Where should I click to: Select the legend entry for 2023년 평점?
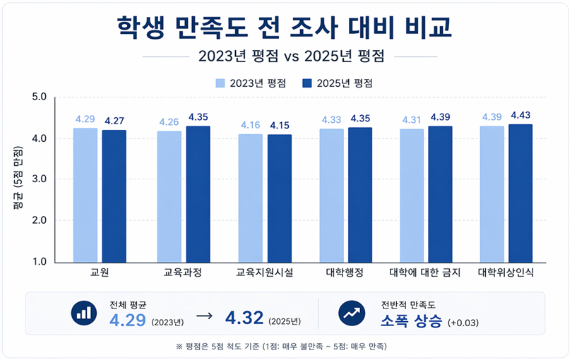tap(251, 83)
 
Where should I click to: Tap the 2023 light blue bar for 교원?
tap(85, 194)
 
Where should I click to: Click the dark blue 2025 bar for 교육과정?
tap(198, 193)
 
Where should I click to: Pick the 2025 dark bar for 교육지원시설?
tap(278, 198)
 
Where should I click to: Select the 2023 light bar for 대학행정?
tap(331, 195)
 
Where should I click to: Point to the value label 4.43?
tap(520, 115)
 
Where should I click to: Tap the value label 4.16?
tap(251, 125)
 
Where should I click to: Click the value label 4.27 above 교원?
tap(114, 121)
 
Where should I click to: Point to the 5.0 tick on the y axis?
tap(40, 97)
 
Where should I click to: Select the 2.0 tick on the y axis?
tap(40, 220)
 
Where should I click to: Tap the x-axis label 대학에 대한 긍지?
tap(424, 272)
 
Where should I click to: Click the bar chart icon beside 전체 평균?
tap(84, 313)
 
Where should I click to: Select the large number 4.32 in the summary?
tap(244, 319)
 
